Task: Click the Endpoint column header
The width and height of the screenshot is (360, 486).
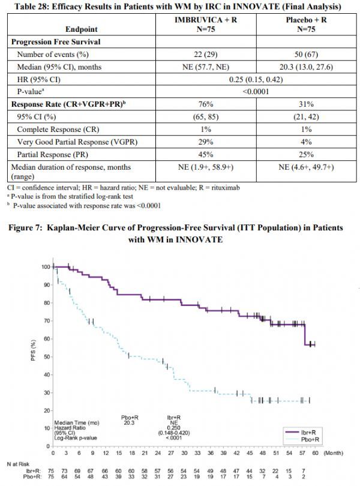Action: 81,29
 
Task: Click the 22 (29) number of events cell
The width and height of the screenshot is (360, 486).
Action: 206,55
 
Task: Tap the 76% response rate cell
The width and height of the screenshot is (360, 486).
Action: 206,104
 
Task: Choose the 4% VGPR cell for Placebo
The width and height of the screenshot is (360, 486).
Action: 306,142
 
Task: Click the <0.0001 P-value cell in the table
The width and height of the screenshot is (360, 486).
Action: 256,92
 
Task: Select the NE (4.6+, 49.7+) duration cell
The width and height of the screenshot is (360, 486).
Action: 306,167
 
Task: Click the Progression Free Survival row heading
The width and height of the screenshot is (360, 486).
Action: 56,42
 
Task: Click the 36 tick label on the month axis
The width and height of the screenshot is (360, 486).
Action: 211,453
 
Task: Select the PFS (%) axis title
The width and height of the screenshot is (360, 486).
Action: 33,350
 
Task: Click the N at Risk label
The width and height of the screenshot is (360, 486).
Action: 18,464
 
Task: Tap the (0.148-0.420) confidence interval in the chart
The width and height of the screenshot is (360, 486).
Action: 174,433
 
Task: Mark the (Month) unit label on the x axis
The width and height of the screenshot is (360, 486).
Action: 334,453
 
